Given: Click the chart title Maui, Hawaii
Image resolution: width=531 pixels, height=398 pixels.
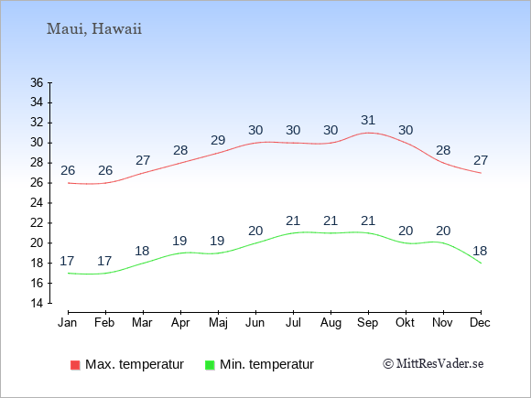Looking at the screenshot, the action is (x=94, y=28).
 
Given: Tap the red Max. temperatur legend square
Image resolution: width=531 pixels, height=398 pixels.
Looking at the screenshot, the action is (x=75, y=365).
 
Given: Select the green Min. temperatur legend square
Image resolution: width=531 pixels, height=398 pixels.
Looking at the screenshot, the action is (x=210, y=365).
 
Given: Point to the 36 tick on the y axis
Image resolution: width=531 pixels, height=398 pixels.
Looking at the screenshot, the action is (x=37, y=82).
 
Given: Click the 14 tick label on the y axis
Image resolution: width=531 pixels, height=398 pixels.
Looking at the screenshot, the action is (x=37, y=303).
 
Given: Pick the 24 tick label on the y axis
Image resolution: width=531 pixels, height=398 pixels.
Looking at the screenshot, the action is (x=37, y=203).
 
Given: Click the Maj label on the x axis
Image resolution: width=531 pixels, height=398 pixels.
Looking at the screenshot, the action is (x=218, y=323).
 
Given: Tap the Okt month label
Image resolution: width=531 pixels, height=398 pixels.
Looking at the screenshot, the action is (x=405, y=323).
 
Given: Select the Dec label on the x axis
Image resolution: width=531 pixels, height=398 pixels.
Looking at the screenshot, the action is (x=481, y=323).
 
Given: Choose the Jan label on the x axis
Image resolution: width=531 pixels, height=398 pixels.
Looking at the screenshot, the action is (x=68, y=323).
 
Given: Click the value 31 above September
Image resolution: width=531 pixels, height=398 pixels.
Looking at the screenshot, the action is (x=368, y=120).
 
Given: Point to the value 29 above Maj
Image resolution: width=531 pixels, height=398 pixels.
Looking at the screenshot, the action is (x=218, y=140).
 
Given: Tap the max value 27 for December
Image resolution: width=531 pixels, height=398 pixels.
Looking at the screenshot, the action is (x=481, y=160).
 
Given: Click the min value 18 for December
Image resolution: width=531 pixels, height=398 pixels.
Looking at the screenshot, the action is (x=480, y=251).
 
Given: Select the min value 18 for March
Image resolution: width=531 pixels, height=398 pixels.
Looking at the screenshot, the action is (x=142, y=251).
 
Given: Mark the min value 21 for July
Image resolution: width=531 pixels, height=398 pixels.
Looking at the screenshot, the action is (x=293, y=221).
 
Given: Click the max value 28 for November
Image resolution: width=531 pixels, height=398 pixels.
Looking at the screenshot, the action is (x=443, y=150).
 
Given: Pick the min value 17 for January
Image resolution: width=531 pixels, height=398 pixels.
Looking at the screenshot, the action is (x=67, y=261).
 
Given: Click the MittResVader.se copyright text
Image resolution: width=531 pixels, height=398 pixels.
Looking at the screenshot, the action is (x=433, y=364).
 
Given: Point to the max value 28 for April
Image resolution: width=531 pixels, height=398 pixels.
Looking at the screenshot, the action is (x=180, y=150).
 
